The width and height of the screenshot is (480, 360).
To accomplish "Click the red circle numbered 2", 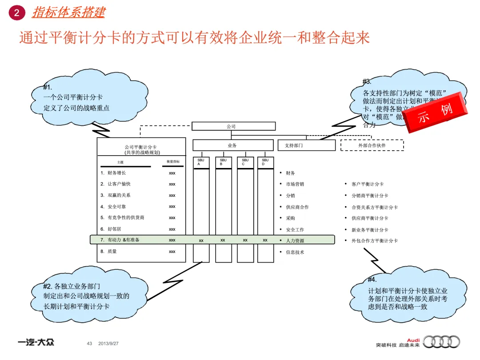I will [x=17, y=13].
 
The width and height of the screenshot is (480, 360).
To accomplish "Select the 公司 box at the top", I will [x=231, y=126].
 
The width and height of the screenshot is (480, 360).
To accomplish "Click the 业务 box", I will [x=232, y=145].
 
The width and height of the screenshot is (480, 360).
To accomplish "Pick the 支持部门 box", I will [x=307, y=145].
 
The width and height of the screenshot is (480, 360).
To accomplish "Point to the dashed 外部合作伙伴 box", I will [x=372, y=145].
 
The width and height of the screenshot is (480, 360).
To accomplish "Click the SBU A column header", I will [x=201, y=162].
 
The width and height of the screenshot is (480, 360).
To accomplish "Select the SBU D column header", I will [x=265, y=162].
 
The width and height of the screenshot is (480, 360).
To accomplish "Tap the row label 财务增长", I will [x=116, y=173].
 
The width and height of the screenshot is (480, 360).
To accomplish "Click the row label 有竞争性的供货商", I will [x=126, y=218].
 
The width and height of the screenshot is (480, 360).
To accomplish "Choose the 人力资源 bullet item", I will [x=295, y=241].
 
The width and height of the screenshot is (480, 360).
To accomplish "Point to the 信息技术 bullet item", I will [x=295, y=252].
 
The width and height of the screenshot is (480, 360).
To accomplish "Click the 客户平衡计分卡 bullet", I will [x=367, y=184].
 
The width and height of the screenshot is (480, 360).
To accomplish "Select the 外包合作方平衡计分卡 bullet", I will [x=374, y=241].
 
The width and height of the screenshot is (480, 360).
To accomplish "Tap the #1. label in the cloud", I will [x=48, y=87].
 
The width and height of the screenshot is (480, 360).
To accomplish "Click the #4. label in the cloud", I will [x=372, y=280].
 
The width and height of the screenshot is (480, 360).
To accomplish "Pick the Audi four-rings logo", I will [x=441, y=342].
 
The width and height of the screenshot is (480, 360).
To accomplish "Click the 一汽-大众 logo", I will [x=36, y=343].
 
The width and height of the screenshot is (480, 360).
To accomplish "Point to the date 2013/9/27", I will [x=108, y=344].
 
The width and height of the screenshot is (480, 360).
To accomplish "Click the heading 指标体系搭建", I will [x=68, y=12].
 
